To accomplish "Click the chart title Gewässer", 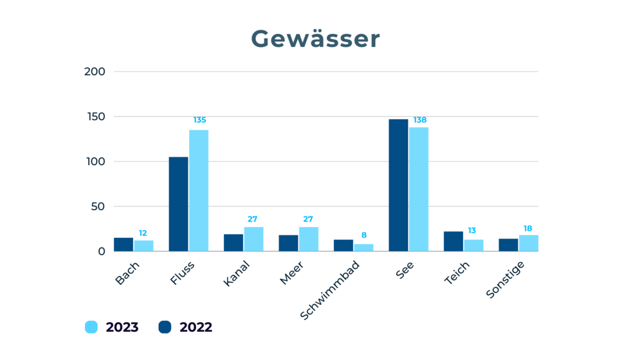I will coord(315,39).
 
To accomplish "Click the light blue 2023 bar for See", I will coord(419,189).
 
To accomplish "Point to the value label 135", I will coord(199,120).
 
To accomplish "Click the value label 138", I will coord(419,120).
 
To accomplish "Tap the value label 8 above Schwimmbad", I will coord(364,236).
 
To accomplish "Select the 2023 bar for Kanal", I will coord(253,239).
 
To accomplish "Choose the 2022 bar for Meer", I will coord(288,243).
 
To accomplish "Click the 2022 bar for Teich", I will coord(453,241).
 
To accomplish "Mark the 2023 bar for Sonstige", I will coord(529,243).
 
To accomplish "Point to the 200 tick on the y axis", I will coord(95,71).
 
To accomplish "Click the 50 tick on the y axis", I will coord(97,206).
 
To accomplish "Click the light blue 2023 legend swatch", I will coord(91,327).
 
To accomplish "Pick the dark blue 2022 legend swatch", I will coord(165,327).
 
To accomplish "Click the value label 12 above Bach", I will coord(143,233).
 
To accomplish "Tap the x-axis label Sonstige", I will coord(506,279).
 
